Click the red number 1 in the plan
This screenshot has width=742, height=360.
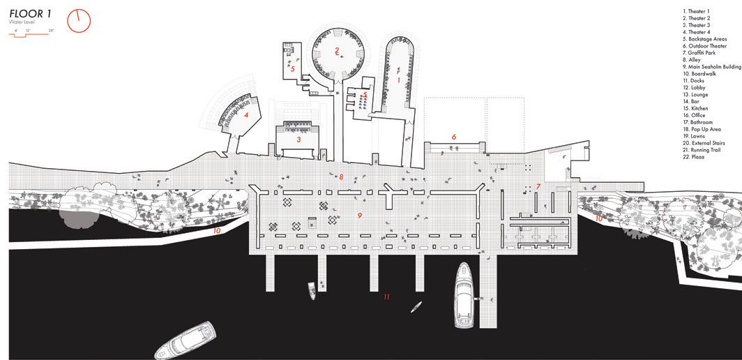click(x=398, y=80)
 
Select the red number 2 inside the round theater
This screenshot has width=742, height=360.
click(x=337, y=50)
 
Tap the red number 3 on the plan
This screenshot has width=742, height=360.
click(x=298, y=140)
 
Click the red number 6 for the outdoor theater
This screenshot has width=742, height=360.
click(x=454, y=137)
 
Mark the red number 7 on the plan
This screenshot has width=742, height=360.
click(x=538, y=186)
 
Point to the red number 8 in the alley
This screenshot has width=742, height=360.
click(x=340, y=177)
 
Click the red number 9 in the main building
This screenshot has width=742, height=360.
click(x=360, y=216)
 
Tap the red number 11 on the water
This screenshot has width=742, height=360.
click(x=386, y=297)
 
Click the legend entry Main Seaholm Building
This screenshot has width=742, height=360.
click(x=711, y=67)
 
